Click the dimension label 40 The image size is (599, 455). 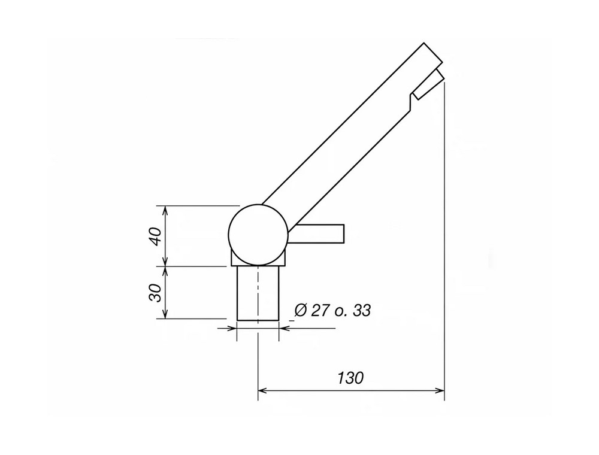(x=156, y=236)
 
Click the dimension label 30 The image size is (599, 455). (x=156, y=293)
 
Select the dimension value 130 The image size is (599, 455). (x=350, y=378)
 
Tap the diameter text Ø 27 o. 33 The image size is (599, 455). (x=332, y=310)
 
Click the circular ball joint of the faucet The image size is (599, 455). (x=258, y=234)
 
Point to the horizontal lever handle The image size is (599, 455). (x=316, y=233)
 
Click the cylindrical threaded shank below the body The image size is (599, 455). (x=258, y=293)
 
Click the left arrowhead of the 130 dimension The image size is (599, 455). (x=262, y=390)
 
